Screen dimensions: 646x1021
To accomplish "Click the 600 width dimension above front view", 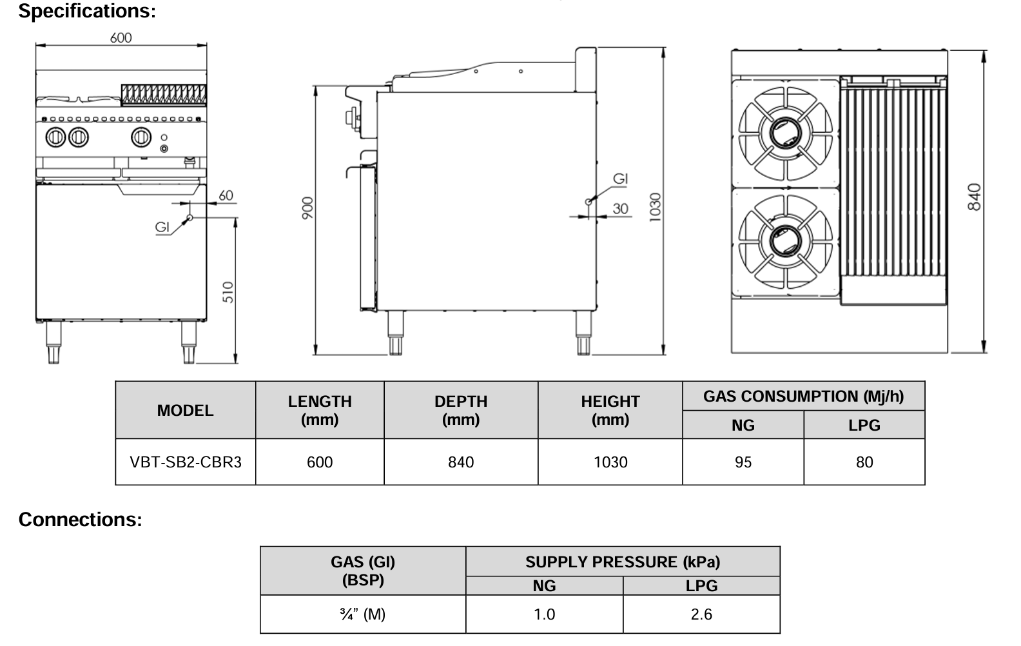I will click(121, 37).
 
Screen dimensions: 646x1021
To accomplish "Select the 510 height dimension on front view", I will click(228, 291).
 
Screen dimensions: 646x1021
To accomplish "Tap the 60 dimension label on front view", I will click(226, 195).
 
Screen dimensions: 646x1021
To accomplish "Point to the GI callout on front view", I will click(162, 226).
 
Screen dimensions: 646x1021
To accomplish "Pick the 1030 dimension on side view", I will click(655, 207).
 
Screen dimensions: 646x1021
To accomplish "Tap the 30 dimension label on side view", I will click(620, 208).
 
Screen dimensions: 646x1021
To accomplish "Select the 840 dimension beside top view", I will click(974, 197).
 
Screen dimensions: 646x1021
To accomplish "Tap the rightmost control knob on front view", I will click(141, 137).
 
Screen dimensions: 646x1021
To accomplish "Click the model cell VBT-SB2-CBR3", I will click(186, 462).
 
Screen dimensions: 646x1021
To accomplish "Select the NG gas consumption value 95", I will click(743, 462).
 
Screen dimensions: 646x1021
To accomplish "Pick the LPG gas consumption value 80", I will click(864, 462).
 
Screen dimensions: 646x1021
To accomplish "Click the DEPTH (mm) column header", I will click(461, 410).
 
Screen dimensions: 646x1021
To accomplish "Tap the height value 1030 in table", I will click(610, 462).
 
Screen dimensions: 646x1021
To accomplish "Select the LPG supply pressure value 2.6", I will click(701, 614).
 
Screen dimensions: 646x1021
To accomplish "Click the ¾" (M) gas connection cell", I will click(362, 614).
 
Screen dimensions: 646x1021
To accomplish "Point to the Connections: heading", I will click(80, 520).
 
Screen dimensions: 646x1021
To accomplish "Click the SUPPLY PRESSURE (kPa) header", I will click(622, 562).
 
